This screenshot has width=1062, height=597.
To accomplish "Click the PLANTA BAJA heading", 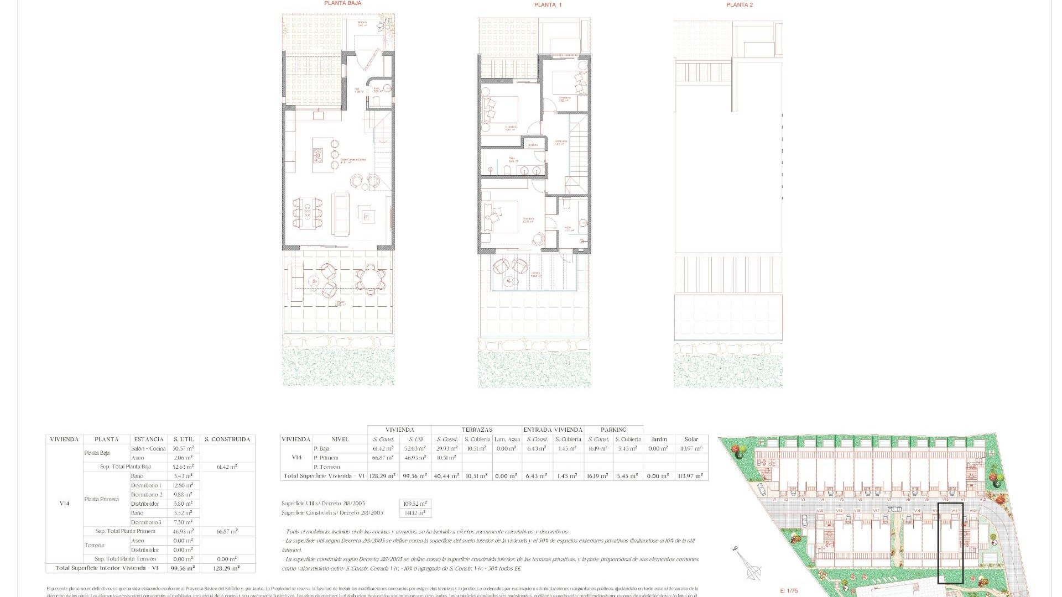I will coord(343,3).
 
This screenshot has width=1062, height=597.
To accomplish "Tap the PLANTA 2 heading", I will coord(740,5).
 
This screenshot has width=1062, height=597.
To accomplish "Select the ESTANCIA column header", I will coord(149,439).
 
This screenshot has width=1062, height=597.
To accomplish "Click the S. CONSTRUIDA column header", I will coord(227,439).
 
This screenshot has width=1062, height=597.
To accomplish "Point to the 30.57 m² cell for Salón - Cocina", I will coord(183,449).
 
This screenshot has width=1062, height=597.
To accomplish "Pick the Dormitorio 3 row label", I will coord(147,522).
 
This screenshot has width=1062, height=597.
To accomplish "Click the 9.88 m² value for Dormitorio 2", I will coord(183,495).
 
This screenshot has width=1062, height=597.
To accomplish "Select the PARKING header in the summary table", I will coord(613,430).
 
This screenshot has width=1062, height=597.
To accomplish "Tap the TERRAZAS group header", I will coord(477,430).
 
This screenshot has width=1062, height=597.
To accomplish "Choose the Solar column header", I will coord(691,439).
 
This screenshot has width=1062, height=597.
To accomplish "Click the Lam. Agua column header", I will coord(507,439).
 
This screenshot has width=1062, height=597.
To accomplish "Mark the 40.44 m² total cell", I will coord(446,476).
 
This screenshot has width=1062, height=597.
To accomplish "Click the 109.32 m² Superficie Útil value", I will coord(415,504).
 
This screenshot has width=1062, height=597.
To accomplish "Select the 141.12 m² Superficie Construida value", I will coord(415,513).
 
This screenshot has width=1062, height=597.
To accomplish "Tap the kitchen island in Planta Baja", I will coord(319,155).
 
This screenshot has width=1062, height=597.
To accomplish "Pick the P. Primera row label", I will coord(325,458).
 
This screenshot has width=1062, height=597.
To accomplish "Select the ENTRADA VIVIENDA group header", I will coord(553,430).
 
